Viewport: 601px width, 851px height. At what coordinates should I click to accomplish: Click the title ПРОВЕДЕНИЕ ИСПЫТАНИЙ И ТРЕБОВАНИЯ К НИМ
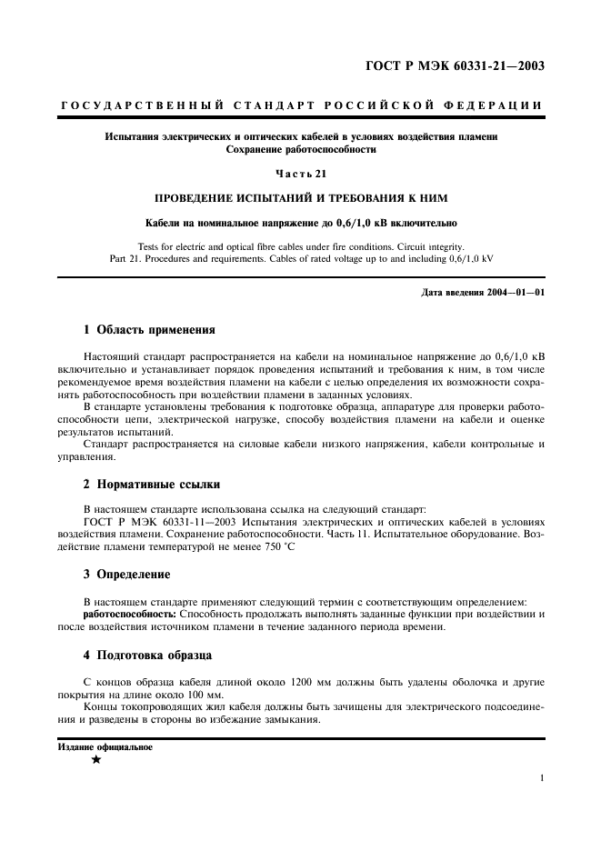[300, 198]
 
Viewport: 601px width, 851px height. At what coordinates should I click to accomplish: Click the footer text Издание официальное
[105, 746]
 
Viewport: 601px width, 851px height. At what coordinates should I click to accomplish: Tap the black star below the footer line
[95, 761]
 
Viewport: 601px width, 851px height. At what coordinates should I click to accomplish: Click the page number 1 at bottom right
[541, 778]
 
